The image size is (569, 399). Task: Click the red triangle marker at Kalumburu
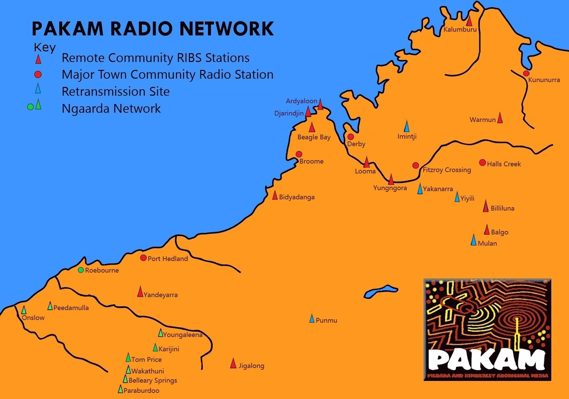coord(469,21)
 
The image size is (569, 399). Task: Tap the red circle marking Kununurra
coord(526,73)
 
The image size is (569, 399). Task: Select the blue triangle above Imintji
coord(406,126)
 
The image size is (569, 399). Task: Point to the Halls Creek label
coord(504,164)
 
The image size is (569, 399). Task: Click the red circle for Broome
coord(299,154)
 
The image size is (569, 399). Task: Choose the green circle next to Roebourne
coord(81,270)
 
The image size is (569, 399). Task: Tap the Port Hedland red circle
coord(143,258)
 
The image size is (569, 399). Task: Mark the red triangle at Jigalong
coord(233,364)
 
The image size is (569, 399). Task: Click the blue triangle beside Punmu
coord(312,319)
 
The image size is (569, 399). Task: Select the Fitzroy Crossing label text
coord(447,170)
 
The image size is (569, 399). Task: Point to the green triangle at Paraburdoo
coord(120,389)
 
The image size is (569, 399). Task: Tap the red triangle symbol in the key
coord(38,59)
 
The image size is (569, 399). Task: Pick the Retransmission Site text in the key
coord(115,91)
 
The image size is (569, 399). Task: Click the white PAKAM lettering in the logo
coord(487,360)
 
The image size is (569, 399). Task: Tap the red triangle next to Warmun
coord(500,118)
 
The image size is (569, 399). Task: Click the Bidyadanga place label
coord(297,197)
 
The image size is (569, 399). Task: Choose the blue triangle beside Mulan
coord(473,240)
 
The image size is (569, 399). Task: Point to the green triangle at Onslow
coord(24,310)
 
